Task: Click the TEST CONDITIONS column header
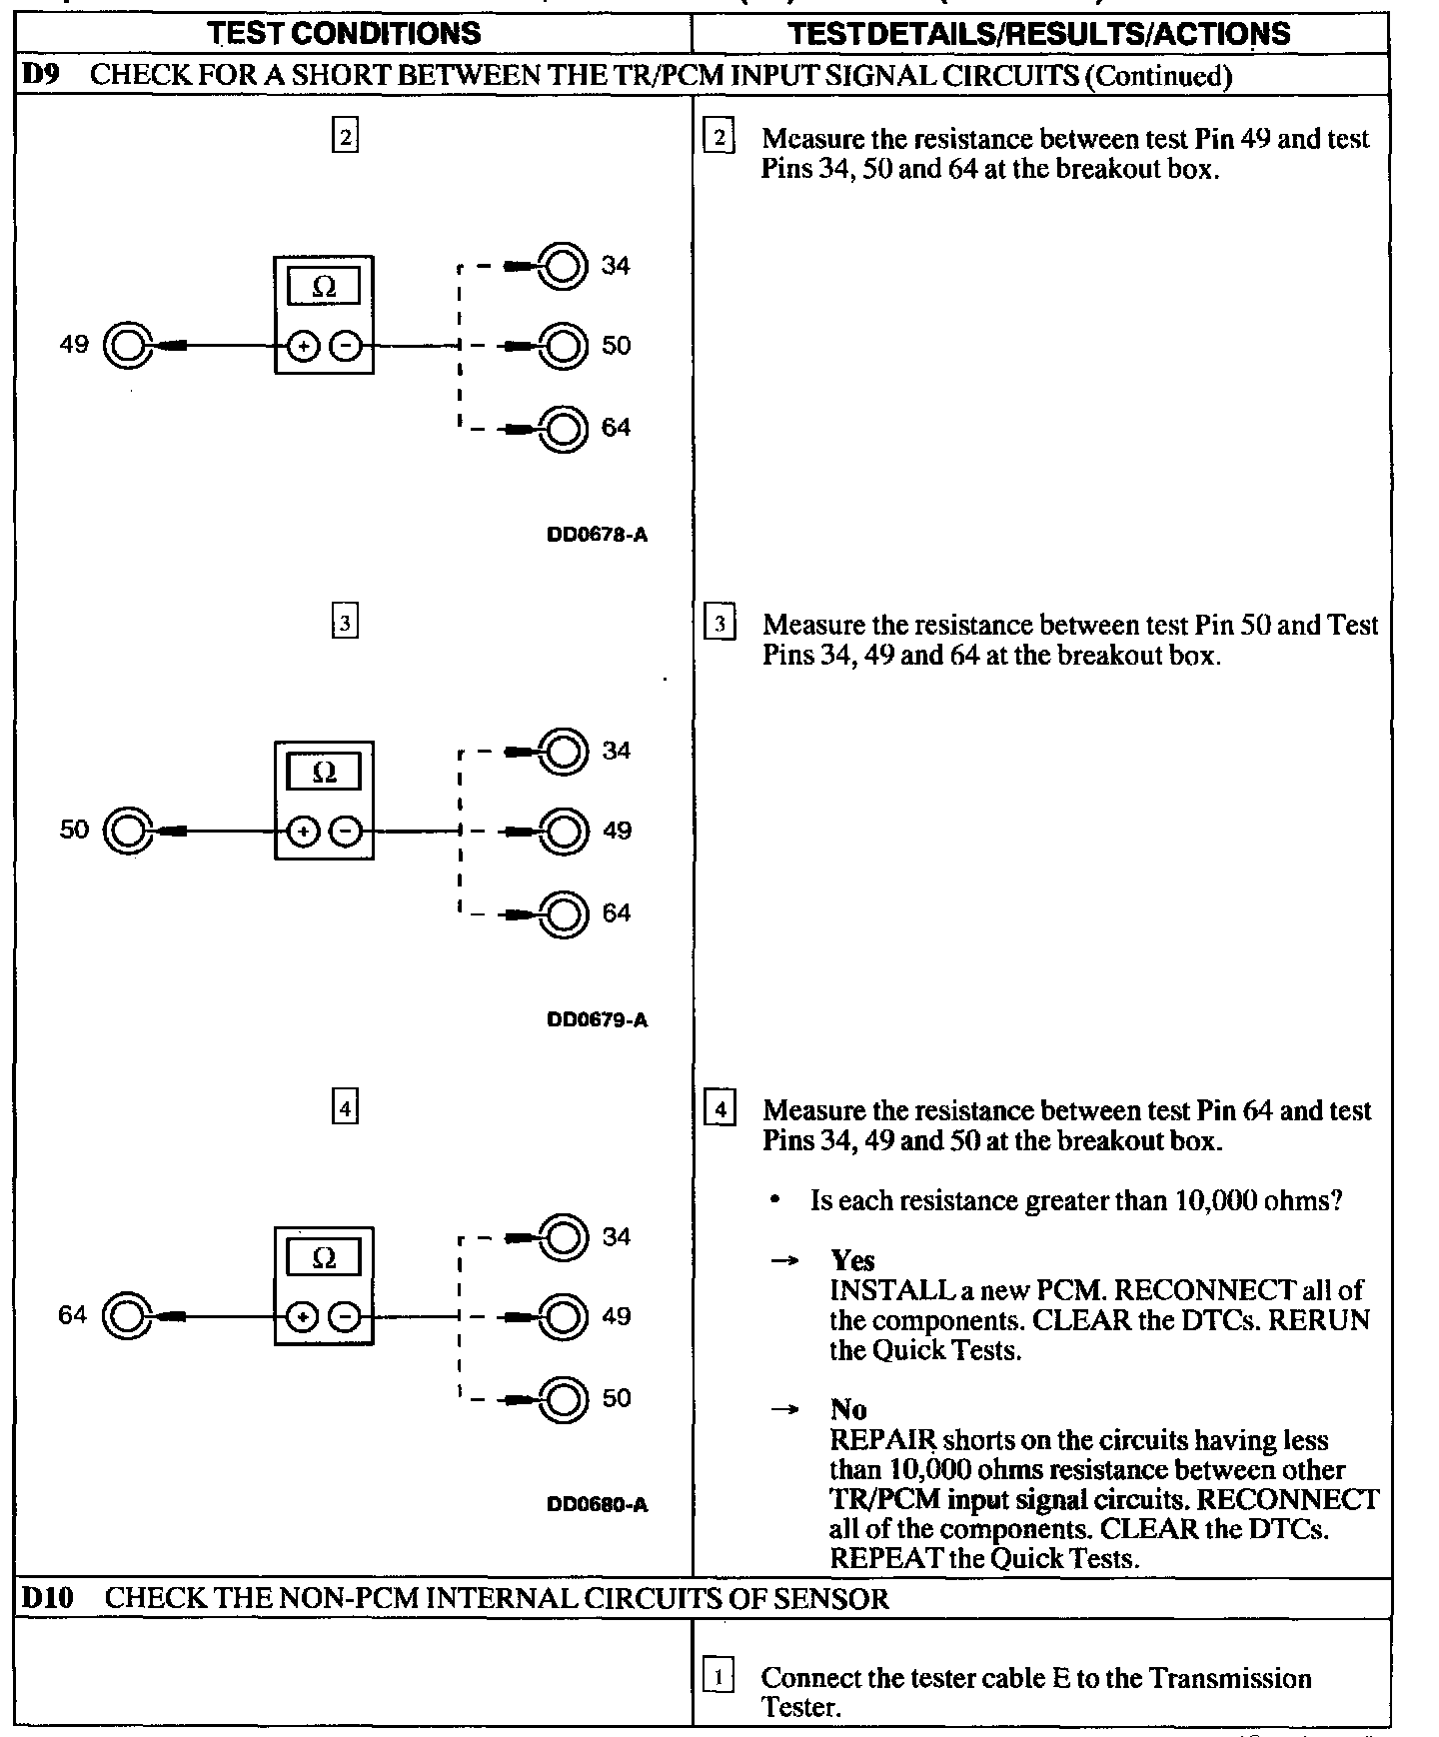345,33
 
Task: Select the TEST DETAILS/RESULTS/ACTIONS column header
1039,33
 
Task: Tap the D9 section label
38,76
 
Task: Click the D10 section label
47,1597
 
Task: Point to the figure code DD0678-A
597,535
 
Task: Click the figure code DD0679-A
597,1020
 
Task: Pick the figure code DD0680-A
597,1505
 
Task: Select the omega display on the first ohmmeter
324,288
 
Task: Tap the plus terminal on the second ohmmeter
303,832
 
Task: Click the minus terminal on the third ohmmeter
345,1317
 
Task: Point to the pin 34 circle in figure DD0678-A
563,266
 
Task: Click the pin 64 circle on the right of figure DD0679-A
563,913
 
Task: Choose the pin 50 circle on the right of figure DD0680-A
563,1398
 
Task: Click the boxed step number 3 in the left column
344,622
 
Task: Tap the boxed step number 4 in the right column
719,1109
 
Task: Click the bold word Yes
852,1261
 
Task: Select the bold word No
848,1410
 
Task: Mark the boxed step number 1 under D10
719,1676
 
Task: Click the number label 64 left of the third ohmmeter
73,1315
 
